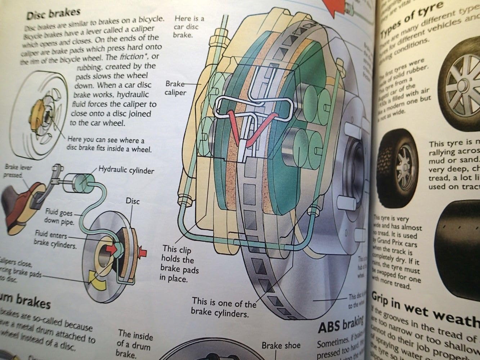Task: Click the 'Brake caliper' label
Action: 175,88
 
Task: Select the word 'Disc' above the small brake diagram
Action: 132,201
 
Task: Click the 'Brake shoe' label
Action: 281,346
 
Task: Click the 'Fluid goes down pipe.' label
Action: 59,217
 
